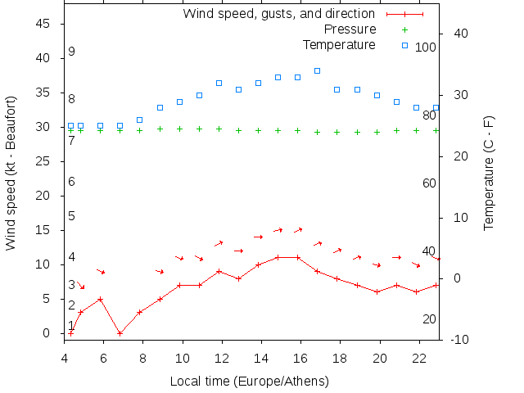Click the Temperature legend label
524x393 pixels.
pos(339,44)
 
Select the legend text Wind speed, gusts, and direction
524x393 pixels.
pos(278,13)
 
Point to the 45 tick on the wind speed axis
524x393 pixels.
pos(45,24)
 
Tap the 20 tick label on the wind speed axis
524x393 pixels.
pos(45,196)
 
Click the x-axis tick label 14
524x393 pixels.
pos(261,358)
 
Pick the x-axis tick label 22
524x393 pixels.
pos(418,358)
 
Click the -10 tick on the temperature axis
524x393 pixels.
pos(459,339)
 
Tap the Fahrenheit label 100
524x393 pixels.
pos(425,47)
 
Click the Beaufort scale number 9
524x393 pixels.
pos(72,52)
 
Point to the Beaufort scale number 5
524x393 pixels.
pos(72,216)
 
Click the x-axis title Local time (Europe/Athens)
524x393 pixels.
pos(249,381)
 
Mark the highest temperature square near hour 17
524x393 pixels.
pos(317,71)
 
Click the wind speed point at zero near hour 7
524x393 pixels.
pos(120,333)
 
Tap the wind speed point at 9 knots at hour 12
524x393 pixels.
pos(219,271)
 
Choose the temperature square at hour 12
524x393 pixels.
pos(219,83)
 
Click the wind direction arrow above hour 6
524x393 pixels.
pos(101,271)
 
